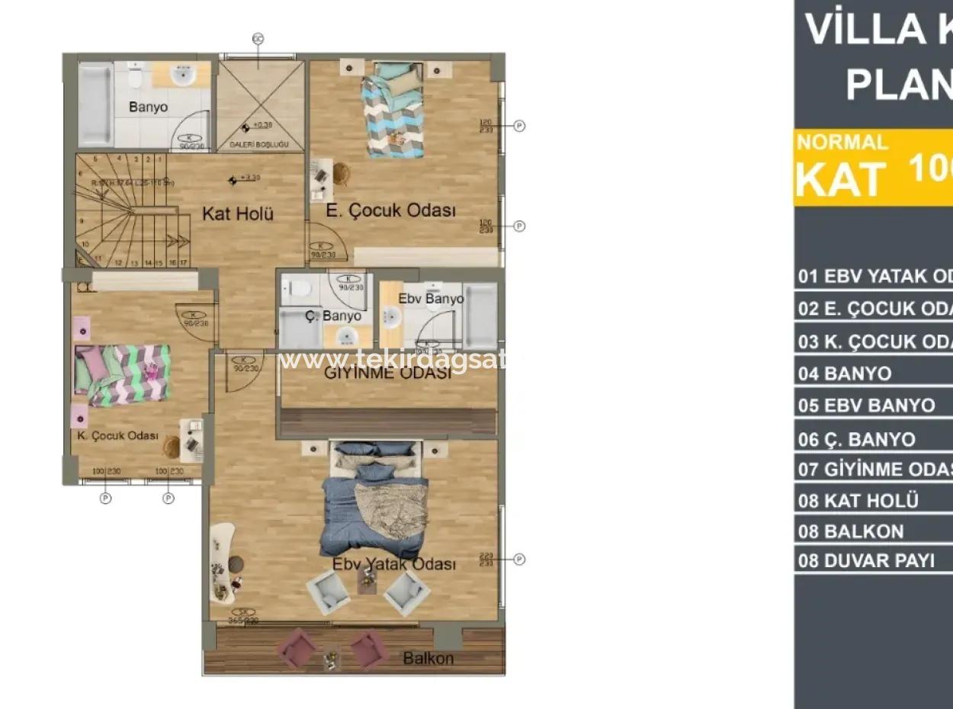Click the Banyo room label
pyautogui.click(x=148, y=107)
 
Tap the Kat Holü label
pyautogui.click(x=237, y=213)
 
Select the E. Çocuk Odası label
pyautogui.click(x=390, y=211)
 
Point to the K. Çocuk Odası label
pyautogui.click(x=117, y=436)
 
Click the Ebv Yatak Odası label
pyautogui.click(x=394, y=564)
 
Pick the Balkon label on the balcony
pyautogui.click(x=428, y=658)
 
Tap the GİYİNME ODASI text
pyautogui.click(x=388, y=374)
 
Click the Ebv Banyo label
pyautogui.click(x=431, y=298)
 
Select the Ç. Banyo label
pyautogui.click(x=332, y=316)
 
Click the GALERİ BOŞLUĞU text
pyautogui.click(x=259, y=144)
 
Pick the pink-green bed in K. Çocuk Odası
pyautogui.click(x=122, y=374)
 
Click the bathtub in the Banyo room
pyautogui.click(x=95, y=104)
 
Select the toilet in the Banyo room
pyautogui.click(x=136, y=76)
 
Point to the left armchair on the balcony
pyautogui.click(x=295, y=649)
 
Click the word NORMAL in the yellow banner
pyautogui.click(x=842, y=143)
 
